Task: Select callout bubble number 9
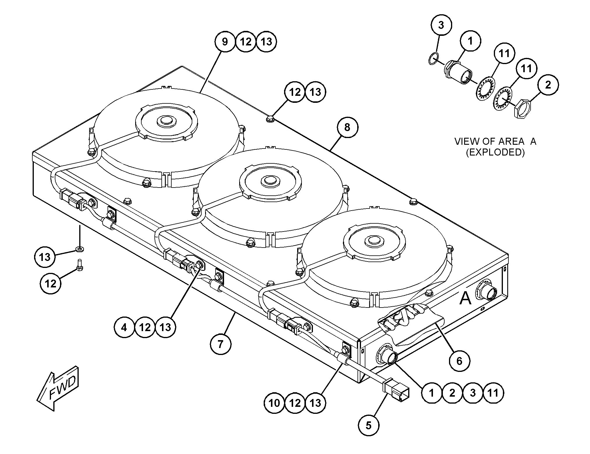225,42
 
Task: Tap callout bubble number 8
347,127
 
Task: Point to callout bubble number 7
220,344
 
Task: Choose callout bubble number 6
459,361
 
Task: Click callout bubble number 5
369,425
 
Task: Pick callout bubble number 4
124,327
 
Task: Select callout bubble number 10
274,403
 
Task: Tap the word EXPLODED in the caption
495,152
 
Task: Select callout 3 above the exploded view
441,25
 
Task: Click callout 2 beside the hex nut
548,85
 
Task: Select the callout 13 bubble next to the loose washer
45,257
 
